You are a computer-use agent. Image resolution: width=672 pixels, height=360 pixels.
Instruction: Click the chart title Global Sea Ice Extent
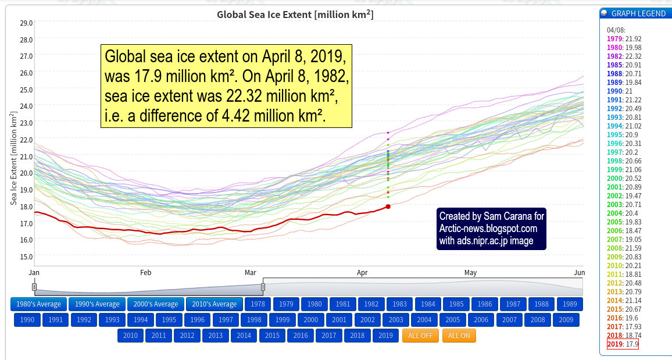point(295,14)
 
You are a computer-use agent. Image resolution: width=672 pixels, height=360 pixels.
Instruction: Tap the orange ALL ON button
point(459,336)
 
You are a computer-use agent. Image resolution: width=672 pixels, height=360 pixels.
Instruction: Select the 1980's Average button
point(38,304)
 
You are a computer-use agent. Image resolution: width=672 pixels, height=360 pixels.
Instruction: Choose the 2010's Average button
point(214,304)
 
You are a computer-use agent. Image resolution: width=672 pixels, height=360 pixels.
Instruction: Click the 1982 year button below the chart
point(371,304)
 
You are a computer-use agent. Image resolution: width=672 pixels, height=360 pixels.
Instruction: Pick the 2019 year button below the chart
point(385,336)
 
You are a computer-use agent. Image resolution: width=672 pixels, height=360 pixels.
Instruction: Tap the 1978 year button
point(258,304)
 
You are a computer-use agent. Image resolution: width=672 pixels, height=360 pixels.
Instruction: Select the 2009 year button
point(566,319)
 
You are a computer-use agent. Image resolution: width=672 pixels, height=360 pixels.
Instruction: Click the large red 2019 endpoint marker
point(388,206)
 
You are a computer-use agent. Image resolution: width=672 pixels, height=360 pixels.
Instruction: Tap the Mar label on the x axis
point(251,272)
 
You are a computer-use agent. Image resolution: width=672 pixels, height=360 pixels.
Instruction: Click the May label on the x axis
point(470,272)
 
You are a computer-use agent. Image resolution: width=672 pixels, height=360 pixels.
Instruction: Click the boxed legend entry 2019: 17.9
point(622,344)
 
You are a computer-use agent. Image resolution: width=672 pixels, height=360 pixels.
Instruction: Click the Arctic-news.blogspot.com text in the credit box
point(488,229)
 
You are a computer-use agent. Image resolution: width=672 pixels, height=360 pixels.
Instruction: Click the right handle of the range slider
point(263,286)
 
